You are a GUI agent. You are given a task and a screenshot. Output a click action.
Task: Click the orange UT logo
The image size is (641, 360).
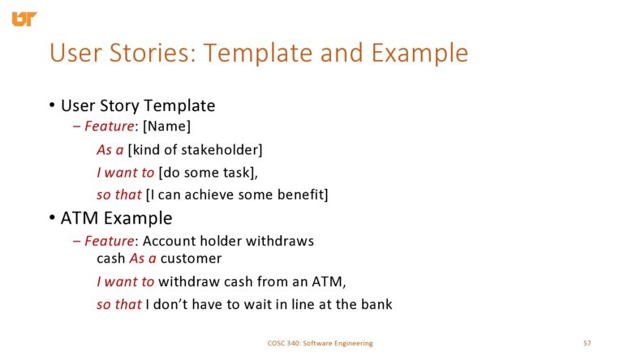point(24,17)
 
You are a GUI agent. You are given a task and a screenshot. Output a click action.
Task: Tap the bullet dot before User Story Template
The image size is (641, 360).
point(52,106)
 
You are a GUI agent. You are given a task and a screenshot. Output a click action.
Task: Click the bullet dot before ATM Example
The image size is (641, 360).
point(52,218)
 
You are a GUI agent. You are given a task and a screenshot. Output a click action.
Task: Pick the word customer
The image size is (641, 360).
point(191,259)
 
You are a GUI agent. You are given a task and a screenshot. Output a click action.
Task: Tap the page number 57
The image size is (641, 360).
point(587,343)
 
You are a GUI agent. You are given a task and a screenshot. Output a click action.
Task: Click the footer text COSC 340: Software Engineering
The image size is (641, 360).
point(320,343)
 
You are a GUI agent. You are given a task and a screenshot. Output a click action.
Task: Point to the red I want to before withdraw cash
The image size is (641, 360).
point(125,281)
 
